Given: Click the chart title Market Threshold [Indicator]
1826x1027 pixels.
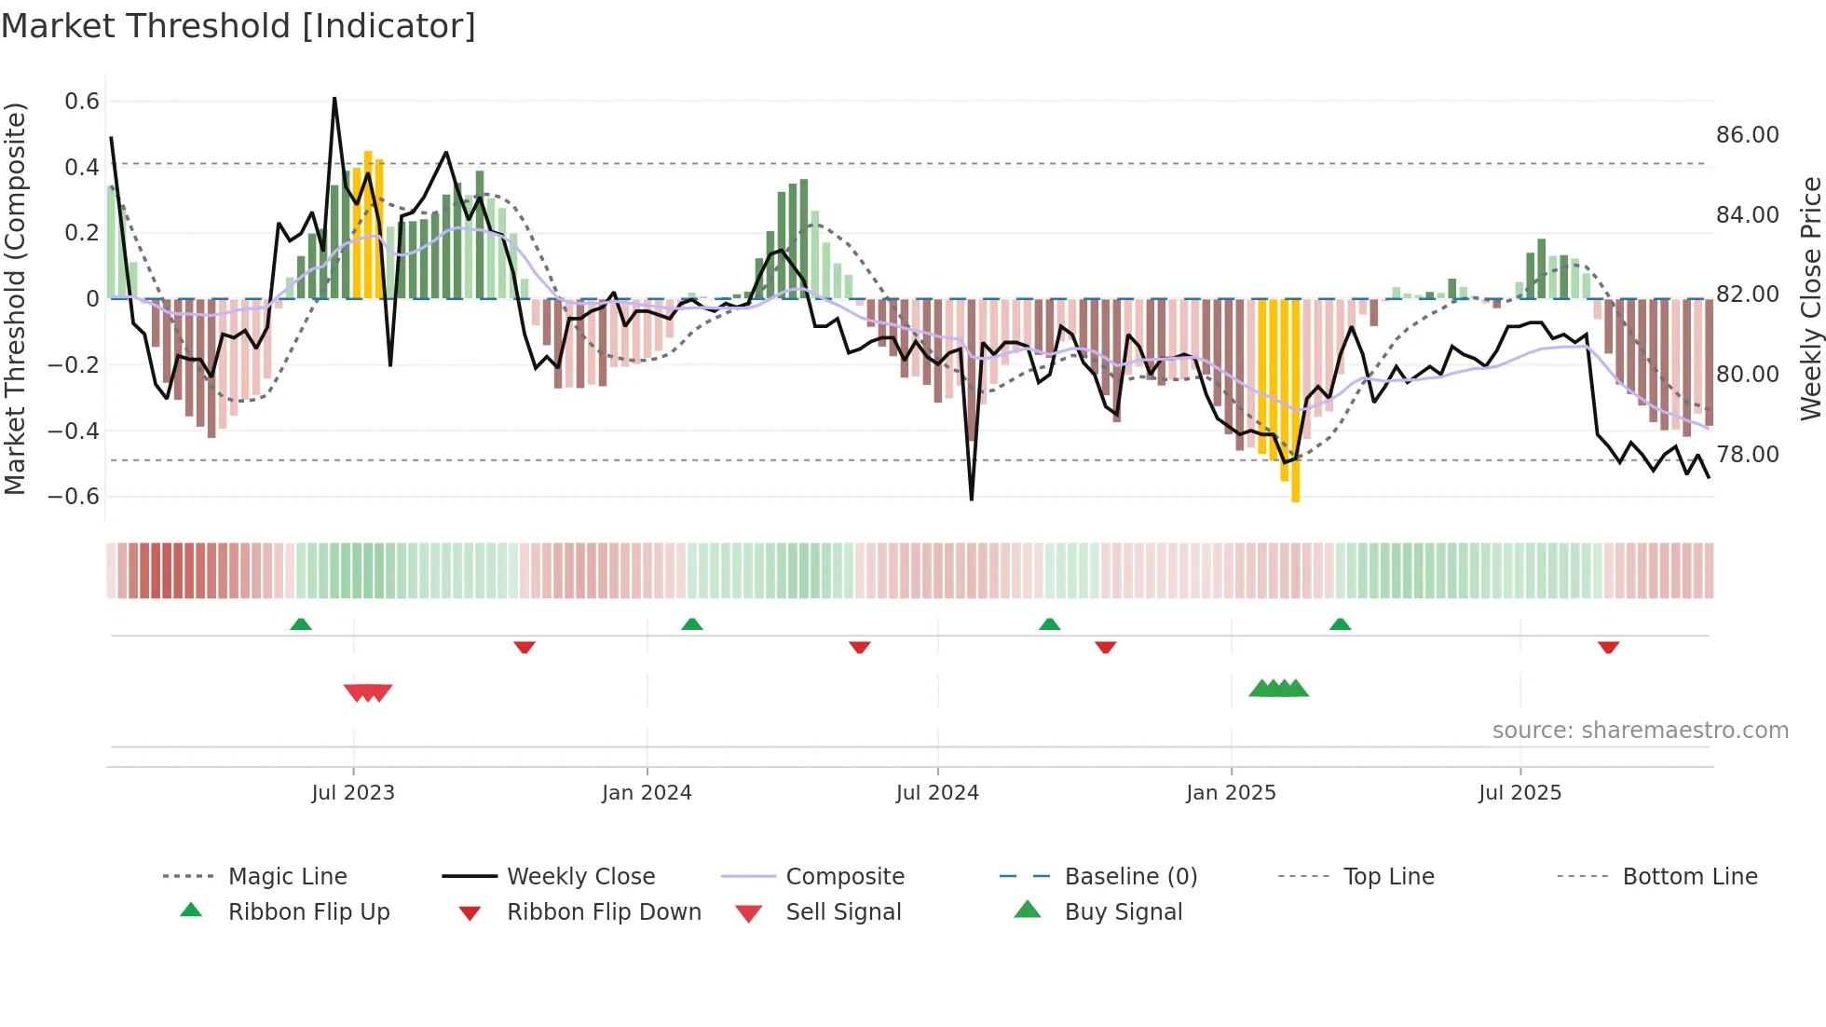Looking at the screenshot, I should pos(238,26).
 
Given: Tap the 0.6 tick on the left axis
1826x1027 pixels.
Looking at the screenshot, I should pos(82,101).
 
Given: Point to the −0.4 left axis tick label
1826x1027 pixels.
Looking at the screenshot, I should pos(74,431).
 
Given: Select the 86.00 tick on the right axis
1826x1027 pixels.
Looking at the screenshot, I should pos(1747,135).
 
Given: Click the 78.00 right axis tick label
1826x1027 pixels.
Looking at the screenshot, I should pos(1747,455).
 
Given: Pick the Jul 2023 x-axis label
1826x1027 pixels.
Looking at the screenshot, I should pos(353,793).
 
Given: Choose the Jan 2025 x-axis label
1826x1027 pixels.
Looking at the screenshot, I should pos(1231,793).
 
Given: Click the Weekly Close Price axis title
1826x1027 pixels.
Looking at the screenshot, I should pos(1810,298).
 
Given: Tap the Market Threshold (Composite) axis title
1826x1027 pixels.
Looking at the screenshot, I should pos(15,298).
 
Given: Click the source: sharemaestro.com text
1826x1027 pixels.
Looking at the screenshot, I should pos(1640,731).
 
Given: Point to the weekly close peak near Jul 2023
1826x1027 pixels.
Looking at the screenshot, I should pos(334,99).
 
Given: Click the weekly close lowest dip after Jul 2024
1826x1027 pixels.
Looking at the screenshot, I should pos(972,499).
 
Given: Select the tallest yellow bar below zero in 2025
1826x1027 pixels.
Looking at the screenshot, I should pos(1296,401).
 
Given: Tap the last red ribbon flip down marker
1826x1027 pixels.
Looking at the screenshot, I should pos(1608,647).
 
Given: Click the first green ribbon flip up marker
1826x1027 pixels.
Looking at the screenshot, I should pos(301,624).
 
